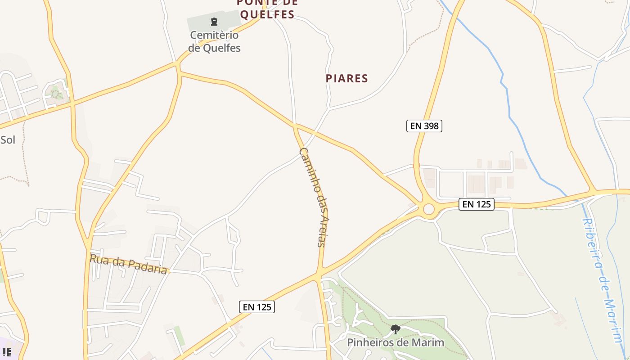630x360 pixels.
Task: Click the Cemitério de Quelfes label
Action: click(214, 41)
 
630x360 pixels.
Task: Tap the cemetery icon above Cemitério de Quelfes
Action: click(214, 21)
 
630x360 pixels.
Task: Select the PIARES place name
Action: click(347, 78)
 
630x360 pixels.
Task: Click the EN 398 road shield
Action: click(424, 126)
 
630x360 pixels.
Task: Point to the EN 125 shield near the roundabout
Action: click(477, 204)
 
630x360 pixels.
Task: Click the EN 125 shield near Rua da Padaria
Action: click(257, 307)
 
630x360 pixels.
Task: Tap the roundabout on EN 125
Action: click(428, 209)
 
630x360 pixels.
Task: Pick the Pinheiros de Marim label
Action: click(396, 342)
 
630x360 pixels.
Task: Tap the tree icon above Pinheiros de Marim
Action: click(396, 329)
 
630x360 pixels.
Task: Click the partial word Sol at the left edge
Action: click(8, 140)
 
